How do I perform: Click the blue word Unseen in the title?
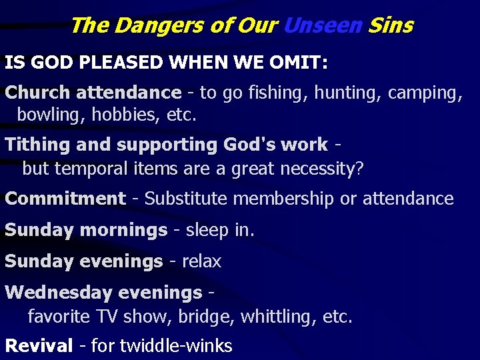click(322, 26)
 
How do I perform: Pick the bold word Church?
click(38, 93)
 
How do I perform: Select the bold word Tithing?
click(39, 145)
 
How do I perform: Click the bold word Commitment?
click(65, 199)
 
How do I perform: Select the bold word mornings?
click(123, 230)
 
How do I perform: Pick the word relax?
click(201, 261)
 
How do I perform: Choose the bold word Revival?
click(39, 346)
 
